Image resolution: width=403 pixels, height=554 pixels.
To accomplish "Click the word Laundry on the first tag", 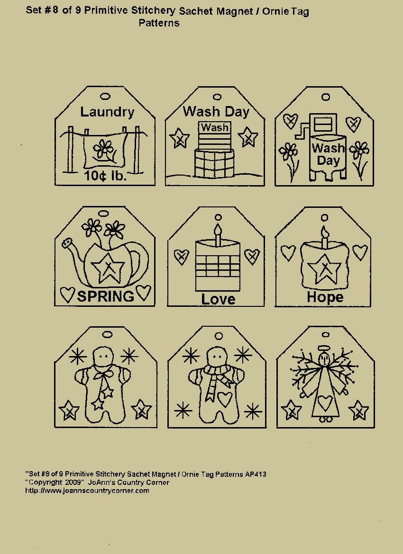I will click(x=107, y=112).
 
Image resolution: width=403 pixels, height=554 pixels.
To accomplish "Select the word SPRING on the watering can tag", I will click(x=105, y=296).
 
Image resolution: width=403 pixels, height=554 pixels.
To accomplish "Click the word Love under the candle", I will click(x=218, y=299).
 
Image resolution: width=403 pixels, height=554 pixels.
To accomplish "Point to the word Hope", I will click(x=325, y=297).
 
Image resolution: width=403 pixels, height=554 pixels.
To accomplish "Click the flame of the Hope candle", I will click(x=325, y=232).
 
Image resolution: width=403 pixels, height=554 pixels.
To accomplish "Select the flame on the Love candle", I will click(x=218, y=230).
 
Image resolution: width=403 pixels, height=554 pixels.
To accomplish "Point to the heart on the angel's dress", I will click(x=324, y=402).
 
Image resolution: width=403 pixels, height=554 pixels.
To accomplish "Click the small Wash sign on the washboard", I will click(x=215, y=127).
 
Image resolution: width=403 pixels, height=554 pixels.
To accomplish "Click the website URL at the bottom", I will click(x=87, y=491).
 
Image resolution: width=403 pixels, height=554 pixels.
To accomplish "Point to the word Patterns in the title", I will click(x=159, y=23).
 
